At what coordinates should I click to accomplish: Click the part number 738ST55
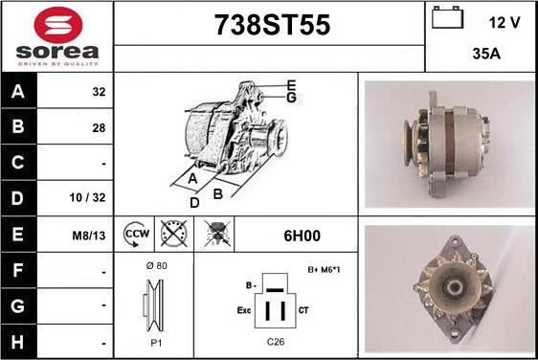[x=273, y=25]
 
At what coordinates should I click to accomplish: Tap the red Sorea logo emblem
[x=58, y=25]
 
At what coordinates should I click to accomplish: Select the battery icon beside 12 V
[x=447, y=17]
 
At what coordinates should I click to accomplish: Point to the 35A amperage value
[x=486, y=54]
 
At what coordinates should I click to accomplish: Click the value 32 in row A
[x=99, y=92]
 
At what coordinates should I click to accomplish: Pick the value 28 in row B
[x=99, y=128]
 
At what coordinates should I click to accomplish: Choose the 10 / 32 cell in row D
[x=87, y=197]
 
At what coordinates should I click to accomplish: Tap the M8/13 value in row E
[x=89, y=236]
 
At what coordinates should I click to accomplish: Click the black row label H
[x=18, y=342]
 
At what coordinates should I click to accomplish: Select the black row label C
[x=18, y=163]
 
